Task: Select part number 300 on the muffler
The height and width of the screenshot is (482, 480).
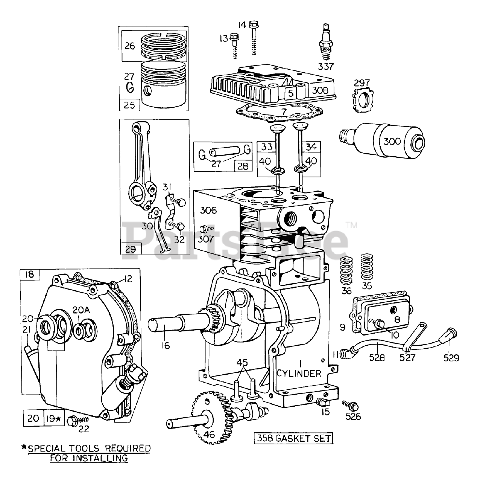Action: (x=392, y=142)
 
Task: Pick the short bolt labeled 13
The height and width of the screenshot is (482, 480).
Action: (x=234, y=45)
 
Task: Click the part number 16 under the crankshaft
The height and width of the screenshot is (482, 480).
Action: (x=166, y=346)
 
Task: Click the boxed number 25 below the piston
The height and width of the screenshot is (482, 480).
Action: (x=129, y=105)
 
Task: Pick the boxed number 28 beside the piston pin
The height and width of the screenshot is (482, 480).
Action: (x=243, y=166)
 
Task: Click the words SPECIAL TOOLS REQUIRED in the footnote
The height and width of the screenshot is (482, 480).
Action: (x=89, y=448)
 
